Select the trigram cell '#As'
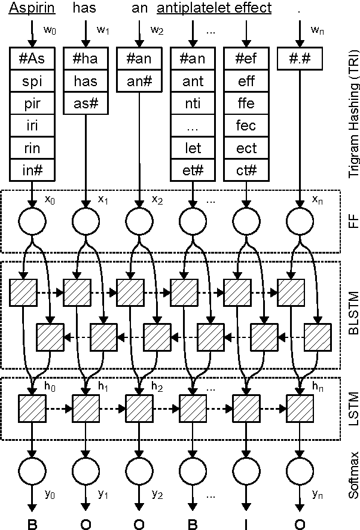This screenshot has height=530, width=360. tap(32, 59)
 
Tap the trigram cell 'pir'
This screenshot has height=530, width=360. tap(32, 103)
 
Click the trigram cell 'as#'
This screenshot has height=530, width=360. tap(86, 103)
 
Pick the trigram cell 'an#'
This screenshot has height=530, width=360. tap(139, 81)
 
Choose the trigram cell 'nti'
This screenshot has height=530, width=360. tap(193, 103)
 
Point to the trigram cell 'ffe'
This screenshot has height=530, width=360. tap(246, 103)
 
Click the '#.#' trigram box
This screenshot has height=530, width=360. tap(299, 59)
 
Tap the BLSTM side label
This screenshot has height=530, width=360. tap(350, 314)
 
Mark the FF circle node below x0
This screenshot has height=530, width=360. tap(32, 222)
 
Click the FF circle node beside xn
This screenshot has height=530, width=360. tap(299, 222)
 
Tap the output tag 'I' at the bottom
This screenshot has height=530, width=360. tap(246, 524)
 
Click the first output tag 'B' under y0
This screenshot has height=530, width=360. tap(32, 524)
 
